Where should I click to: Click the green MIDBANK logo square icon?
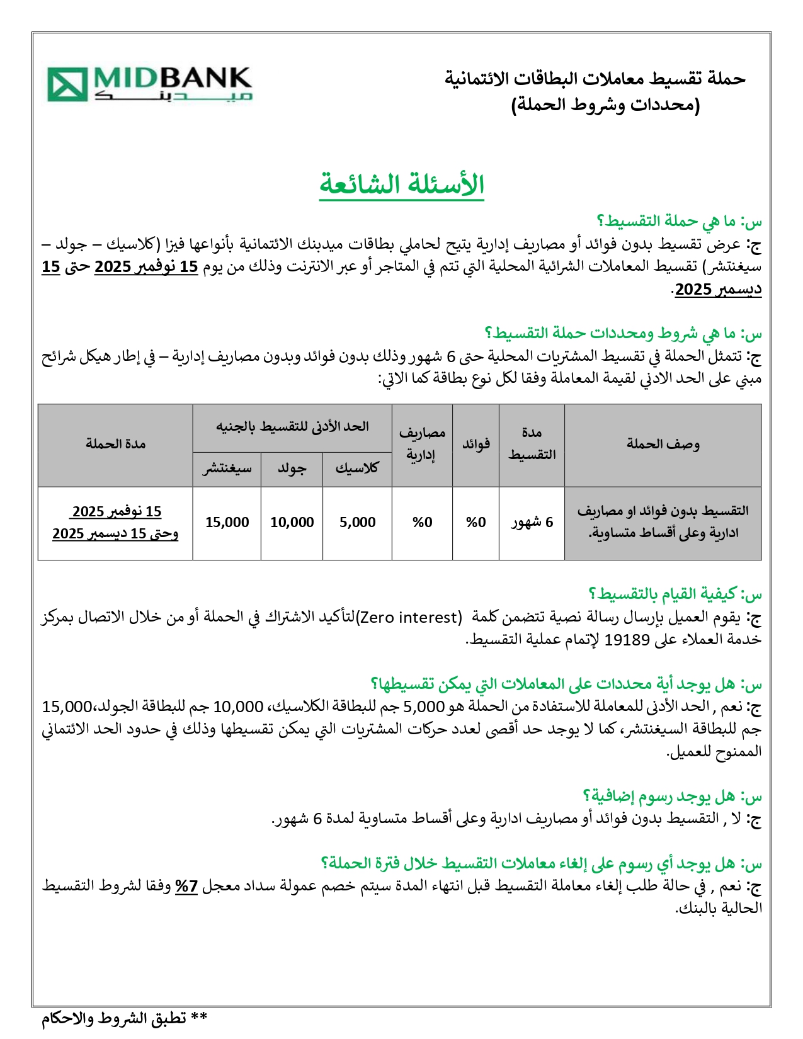tap(67, 85)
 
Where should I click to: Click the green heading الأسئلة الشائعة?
tap(402, 185)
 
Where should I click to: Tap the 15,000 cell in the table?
tap(227, 522)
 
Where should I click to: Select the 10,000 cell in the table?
tap(292, 522)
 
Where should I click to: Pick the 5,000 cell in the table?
tap(357, 522)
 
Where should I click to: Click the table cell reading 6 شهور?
tap(532, 522)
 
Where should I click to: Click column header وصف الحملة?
tap(663, 444)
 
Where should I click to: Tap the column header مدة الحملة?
tap(115, 444)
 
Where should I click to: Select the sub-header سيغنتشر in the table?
tap(227, 468)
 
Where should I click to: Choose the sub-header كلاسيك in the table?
tap(357, 468)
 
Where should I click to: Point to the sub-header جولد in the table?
tap(292, 468)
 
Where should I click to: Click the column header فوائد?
tap(476, 444)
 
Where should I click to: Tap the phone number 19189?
tap(627, 640)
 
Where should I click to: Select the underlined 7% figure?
tap(186, 887)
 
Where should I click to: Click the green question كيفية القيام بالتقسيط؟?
tap(675, 594)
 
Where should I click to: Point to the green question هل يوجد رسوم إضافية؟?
tap(672, 797)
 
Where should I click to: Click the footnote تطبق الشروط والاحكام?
tap(125, 1018)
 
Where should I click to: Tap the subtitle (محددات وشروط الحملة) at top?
tap(605, 105)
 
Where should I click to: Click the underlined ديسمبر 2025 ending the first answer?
tap(718, 290)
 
